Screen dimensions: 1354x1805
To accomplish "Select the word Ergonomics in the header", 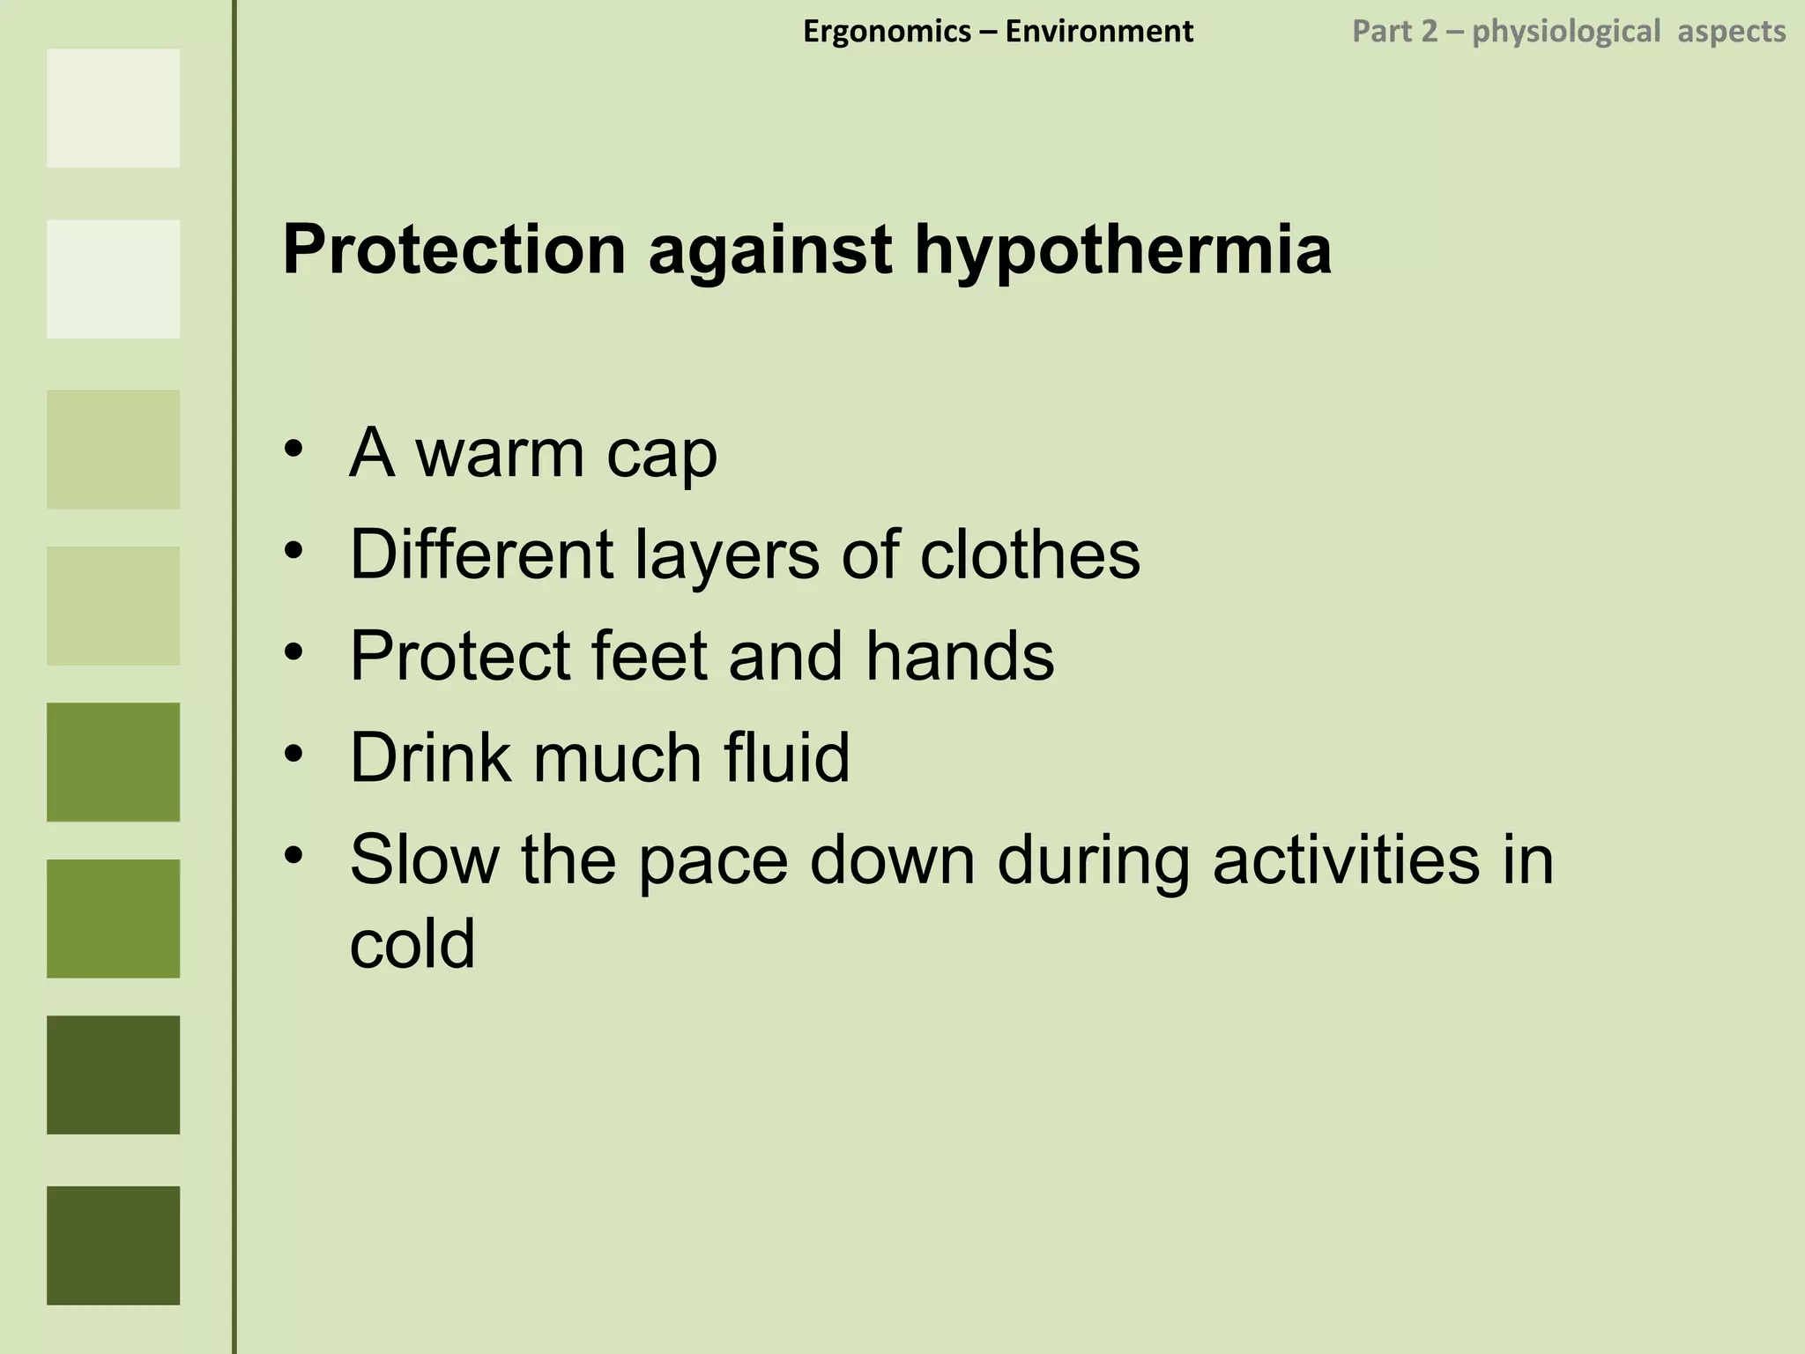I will click(887, 32).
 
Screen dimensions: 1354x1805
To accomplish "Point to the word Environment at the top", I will click(1099, 32).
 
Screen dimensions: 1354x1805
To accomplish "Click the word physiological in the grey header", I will click(1566, 33).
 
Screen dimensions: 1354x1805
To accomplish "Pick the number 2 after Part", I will click(1429, 32).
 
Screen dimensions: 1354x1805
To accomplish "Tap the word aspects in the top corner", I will click(1731, 33).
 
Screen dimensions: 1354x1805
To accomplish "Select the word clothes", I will click(1029, 554).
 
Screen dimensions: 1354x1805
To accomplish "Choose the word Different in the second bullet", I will click(481, 554).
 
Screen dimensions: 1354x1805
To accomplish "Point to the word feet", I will click(650, 656).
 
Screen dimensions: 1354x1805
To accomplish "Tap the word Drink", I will click(430, 757).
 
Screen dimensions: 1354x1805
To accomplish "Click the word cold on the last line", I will click(412, 944).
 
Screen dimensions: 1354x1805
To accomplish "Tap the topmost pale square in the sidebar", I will click(113, 108).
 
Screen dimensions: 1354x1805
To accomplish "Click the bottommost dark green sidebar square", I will click(113, 1245).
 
